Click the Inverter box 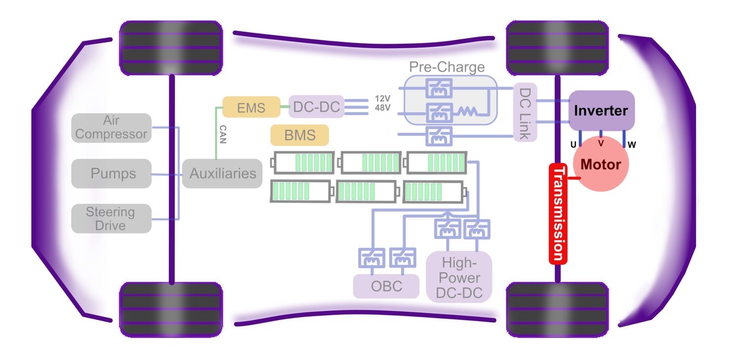coord(601,110)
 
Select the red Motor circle coord(600,165)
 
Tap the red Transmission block coord(558,214)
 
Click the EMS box coord(251,107)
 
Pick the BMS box coord(299,135)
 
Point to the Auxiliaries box coord(222,173)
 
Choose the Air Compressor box coord(111,128)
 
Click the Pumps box coord(111,173)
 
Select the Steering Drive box coord(111,219)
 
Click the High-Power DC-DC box coord(460,278)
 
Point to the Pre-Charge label coord(447,67)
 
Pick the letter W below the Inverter coord(632,145)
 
